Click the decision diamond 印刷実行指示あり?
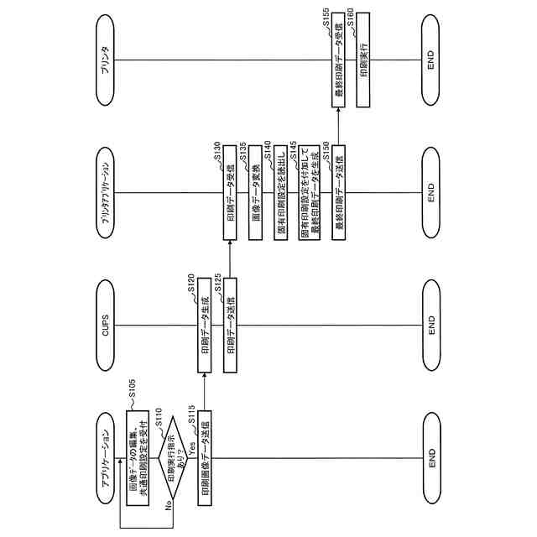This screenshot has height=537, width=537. (x=175, y=458)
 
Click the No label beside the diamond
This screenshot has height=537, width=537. (x=169, y=505)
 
